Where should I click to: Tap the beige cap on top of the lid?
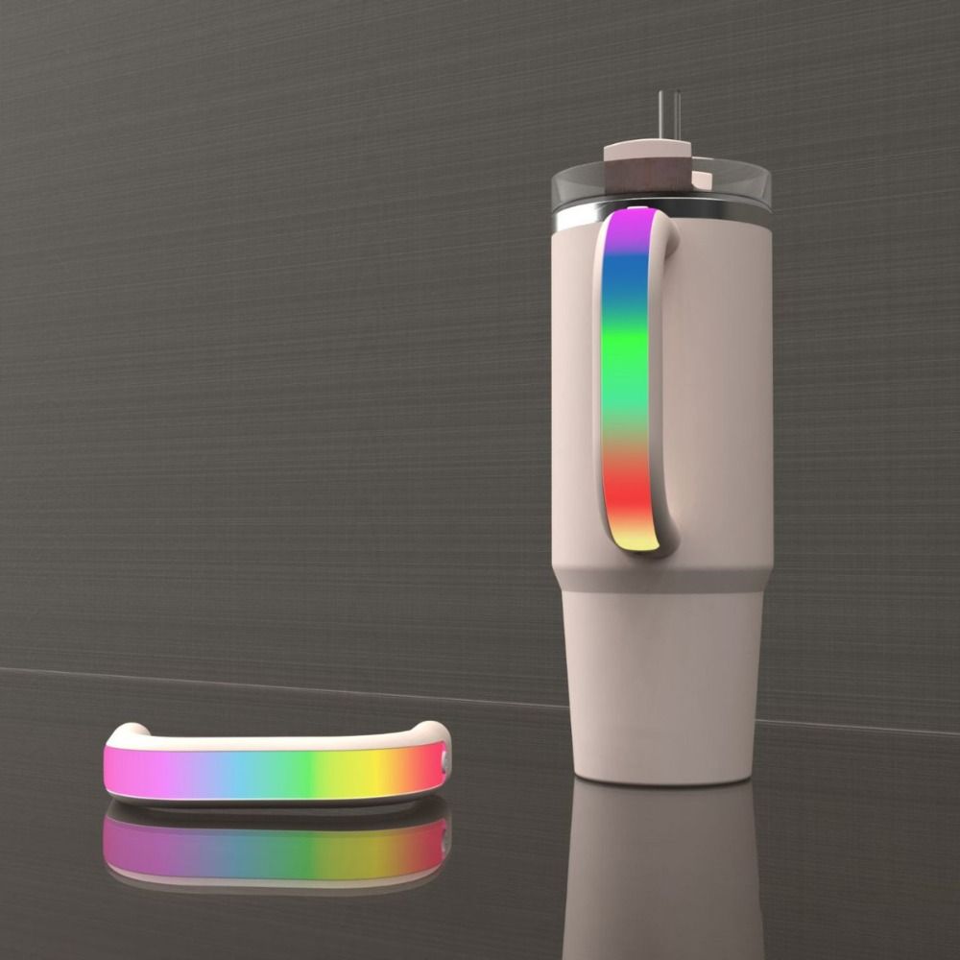click(647, 150)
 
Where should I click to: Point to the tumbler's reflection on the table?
click(662, 864)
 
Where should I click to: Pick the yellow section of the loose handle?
click(379, 771)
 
